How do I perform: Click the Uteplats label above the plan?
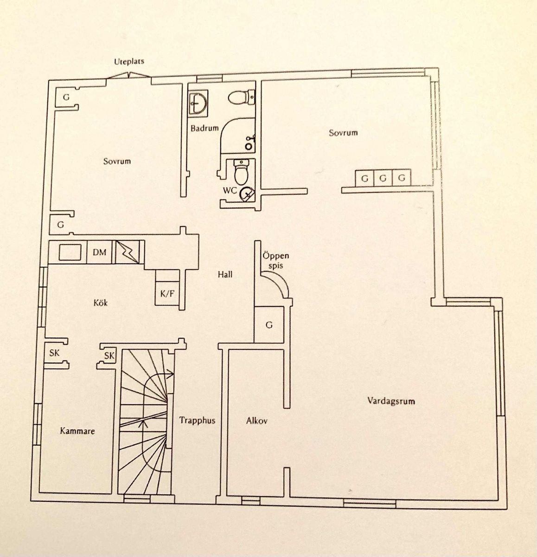tap(129, 62)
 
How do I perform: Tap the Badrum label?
tap(205, 128)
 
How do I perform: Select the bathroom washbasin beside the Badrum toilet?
tap(198, 103)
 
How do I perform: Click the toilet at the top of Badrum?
tap(242, 97)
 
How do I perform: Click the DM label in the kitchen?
tap(100, 252)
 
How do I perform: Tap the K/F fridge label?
tap(167, 293)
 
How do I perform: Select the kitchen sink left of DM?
tap(70, 253)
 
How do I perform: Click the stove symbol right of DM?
tap(127, 252)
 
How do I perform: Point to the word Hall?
tap(225, 275)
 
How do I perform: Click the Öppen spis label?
tap(276, 260)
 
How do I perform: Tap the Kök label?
tap(101, 303)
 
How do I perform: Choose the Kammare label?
tap(77, 431)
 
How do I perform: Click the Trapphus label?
tap(197, 420)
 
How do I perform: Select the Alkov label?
tap(257, 421)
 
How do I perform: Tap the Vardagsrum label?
tap(391, 401)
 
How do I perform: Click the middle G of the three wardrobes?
tap(383, 178)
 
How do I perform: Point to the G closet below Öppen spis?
tap(269, 325)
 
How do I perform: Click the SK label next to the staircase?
tap(109, 356)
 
